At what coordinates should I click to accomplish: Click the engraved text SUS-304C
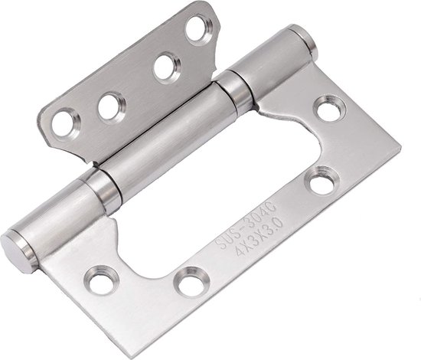coord(246,225)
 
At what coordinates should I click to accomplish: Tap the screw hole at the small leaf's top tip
coord(199,29)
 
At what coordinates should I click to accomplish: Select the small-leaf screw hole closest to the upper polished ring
coord(167,68)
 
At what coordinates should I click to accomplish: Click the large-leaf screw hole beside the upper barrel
coord(329,109)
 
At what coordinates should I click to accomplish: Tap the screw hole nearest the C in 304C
coord(323,181)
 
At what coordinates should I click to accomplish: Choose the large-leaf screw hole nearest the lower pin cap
coord(102,280)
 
